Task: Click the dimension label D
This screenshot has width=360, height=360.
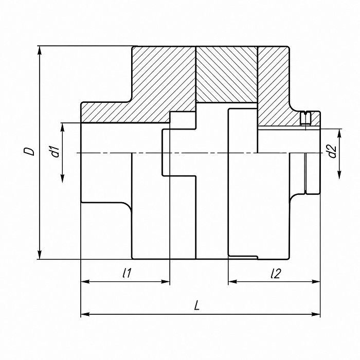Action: coord(30,152)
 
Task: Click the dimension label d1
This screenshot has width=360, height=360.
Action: coord(55,152)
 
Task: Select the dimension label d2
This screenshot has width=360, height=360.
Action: coord(332,152)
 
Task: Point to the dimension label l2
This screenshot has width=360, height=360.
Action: coord(276,273)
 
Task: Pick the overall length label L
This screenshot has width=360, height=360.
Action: coord(196,305)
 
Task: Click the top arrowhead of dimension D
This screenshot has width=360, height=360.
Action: coord(40,50)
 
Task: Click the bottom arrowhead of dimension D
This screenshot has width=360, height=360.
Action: coord(40,255)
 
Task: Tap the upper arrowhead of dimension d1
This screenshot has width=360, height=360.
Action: coord(62,128)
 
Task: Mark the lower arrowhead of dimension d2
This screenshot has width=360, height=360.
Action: coord(339,174)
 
